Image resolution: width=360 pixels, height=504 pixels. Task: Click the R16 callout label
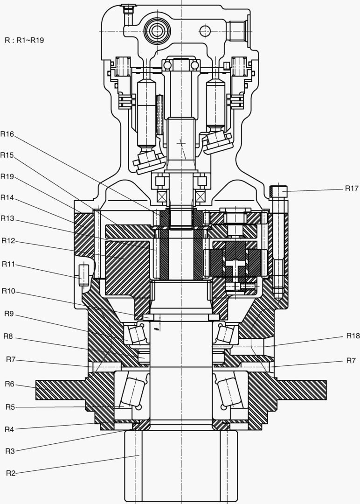pos(7,134)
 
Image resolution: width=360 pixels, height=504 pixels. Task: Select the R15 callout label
pos(7,155)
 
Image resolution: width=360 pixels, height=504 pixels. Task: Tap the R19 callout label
pos(7,176)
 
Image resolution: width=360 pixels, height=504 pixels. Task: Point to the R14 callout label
pos(7,197)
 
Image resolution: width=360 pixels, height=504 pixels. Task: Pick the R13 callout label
pos(7,218)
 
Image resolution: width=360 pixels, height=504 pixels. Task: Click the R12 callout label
pos(8,241)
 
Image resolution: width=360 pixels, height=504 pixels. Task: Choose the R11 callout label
pos(8,264)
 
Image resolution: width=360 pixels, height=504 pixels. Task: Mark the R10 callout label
pos(8,291)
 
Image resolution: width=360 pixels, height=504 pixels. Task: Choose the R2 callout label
pos(11,473)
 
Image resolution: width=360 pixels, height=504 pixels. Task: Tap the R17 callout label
pos(352,189)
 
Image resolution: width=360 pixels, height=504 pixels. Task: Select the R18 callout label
pos(353,336)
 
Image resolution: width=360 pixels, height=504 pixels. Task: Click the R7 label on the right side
pos(351,360)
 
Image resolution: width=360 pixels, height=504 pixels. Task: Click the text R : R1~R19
pos(24,40)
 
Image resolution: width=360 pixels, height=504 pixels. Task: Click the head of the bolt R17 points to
pos(278,191)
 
